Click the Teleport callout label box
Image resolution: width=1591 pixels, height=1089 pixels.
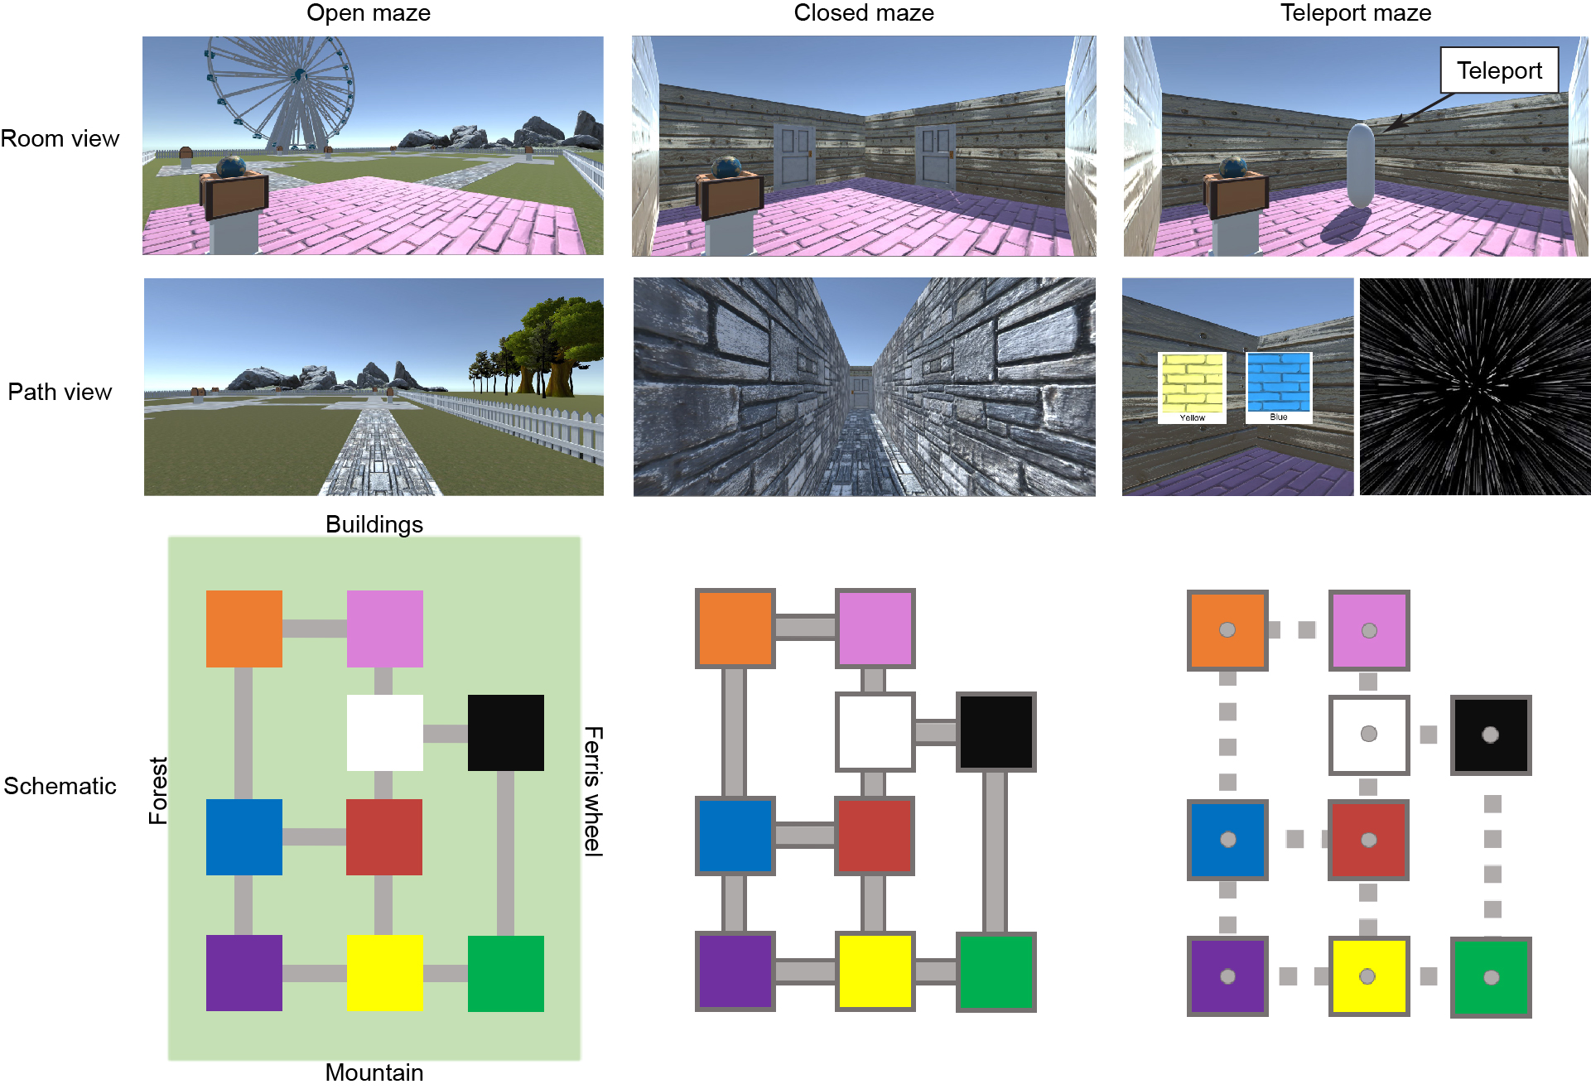[1498, 70]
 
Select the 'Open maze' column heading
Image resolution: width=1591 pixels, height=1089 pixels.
[369, 13]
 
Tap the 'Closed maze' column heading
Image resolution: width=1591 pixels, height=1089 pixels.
[863, 13]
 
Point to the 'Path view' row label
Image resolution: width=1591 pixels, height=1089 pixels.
[60, 392]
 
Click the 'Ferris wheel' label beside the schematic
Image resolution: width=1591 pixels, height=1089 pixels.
[593, 791]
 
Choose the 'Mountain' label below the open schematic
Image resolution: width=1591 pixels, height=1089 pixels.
[374, 1072]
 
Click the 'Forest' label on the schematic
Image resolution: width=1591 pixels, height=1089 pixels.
[158, 790]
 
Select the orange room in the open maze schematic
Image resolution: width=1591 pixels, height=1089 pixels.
[243, 629]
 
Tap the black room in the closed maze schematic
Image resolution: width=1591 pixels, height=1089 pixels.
[996, 732]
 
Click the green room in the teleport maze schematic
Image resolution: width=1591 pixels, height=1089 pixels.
[1490, 977]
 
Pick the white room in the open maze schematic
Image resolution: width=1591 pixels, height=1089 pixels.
[384, 732]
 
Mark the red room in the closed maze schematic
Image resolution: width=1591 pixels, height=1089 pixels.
[874, 836]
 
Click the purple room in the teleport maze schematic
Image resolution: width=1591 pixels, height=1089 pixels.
[1227, 976]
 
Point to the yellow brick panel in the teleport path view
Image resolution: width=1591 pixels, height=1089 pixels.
[1192, 383]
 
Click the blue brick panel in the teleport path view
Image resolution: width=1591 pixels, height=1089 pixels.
[1278, 383]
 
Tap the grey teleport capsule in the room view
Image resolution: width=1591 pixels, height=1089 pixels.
[1360, 165]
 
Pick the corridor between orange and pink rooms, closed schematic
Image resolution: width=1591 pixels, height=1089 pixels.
[805, 627]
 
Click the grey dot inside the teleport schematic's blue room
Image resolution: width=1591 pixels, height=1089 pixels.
[1228, 840]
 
